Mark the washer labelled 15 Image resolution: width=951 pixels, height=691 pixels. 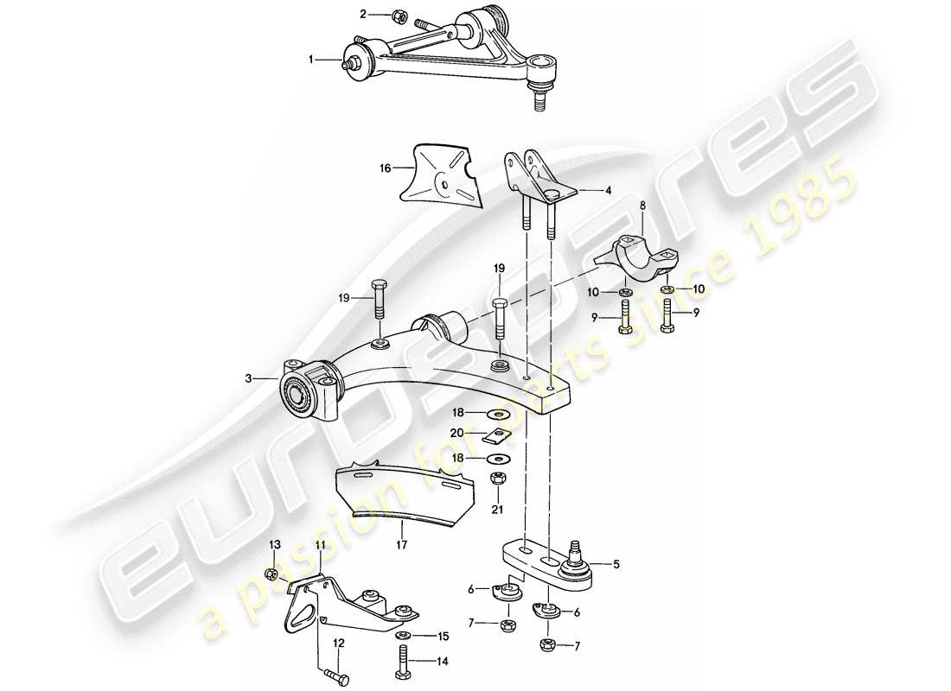tap(403, 636)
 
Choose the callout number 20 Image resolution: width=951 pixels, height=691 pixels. tap(456, 432)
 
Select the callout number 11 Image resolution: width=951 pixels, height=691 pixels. tap(321, 545)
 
